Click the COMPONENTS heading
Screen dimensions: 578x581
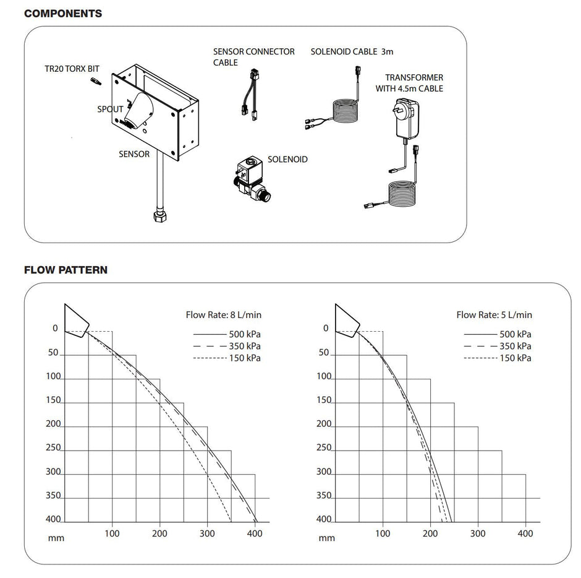click(63, 13)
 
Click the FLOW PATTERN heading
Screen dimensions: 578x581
click(66, 270)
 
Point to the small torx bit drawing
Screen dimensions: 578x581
click(94, 82)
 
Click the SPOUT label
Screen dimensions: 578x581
click(109, 110)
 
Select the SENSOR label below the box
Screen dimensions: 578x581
click(134, 154)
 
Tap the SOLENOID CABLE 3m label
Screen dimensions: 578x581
click(352, 52)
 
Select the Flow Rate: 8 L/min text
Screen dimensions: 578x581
click(223, 315)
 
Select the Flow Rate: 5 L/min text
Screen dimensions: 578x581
click(494, 315)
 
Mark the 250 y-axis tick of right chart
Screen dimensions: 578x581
click(324, 448)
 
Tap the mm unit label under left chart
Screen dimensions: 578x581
click(56, 538)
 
